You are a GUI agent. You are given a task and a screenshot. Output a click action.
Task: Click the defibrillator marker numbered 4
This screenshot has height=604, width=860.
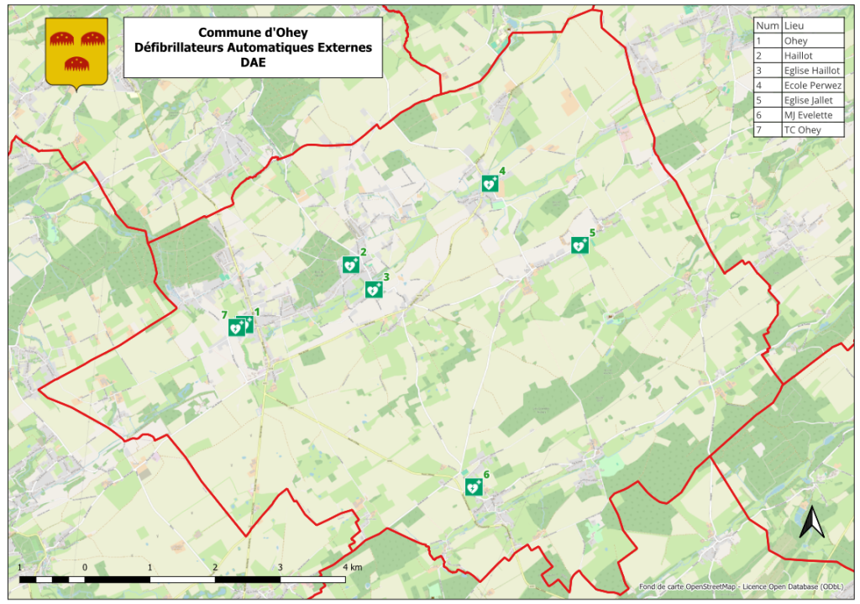[490, 184]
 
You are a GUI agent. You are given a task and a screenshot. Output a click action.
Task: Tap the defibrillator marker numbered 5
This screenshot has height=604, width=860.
[579, 245]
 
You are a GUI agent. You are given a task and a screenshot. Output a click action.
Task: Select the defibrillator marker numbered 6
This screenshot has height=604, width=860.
[474, 487]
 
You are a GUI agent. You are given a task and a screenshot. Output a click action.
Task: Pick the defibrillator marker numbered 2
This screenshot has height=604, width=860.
[350, 265]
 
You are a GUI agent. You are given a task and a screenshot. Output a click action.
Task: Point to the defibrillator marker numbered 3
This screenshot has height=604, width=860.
[374, 290]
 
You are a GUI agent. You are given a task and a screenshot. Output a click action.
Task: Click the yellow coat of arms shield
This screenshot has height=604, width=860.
[76, 53]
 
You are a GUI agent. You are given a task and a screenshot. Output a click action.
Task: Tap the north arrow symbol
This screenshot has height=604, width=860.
[811, 523]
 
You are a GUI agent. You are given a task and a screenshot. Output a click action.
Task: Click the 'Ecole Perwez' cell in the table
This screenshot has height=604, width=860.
[811, 85]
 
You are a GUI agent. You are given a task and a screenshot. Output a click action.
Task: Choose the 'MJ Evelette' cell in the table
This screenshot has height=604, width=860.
[808, 115]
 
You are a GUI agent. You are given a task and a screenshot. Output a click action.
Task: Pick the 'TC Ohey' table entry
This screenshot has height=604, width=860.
[801, 129]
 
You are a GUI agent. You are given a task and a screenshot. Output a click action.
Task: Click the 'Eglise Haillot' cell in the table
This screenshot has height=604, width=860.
[811, 70]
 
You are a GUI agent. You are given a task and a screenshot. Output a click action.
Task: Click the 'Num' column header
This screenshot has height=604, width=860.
[767, 25]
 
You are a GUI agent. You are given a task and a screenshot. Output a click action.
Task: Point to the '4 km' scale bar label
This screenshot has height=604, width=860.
[353, 568]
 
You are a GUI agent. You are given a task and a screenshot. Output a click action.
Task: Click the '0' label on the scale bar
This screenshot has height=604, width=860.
[85, 568]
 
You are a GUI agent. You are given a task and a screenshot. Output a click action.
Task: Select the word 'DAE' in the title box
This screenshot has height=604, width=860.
[253, 62]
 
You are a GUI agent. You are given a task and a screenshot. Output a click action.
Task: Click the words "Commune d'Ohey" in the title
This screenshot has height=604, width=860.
[253, 33]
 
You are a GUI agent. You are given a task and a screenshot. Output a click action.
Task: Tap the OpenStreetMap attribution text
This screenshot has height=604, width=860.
[741, 586]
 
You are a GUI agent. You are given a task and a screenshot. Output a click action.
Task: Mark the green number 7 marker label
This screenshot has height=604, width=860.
[224, 315]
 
